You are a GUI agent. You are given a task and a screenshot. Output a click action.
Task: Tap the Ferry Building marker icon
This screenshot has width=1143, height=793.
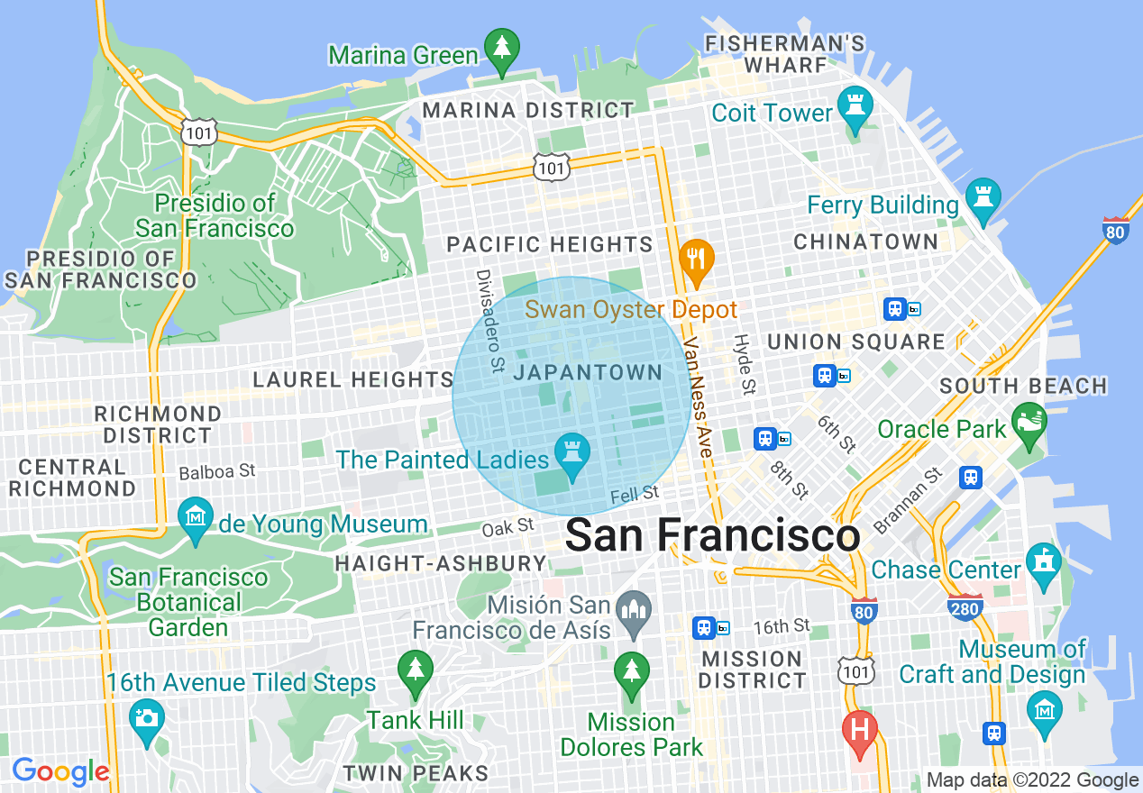982,198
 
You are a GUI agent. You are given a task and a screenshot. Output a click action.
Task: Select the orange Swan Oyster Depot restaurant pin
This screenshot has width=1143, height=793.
695,259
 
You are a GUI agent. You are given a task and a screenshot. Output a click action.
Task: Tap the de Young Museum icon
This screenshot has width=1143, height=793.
196,517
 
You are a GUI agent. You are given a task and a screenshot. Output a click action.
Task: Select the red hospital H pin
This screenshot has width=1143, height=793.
859,729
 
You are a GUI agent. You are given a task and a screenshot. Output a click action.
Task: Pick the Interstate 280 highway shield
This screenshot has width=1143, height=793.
965,609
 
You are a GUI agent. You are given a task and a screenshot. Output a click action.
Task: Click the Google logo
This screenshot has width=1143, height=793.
60,771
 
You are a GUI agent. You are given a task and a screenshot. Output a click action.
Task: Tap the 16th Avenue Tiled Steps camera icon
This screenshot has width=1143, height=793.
145,718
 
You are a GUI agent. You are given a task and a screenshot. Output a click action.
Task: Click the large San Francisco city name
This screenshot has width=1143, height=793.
712,536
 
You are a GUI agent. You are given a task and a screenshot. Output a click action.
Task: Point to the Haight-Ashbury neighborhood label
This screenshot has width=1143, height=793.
440,564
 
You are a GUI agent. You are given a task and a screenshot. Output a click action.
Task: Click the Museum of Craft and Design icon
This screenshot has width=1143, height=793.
1044,711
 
